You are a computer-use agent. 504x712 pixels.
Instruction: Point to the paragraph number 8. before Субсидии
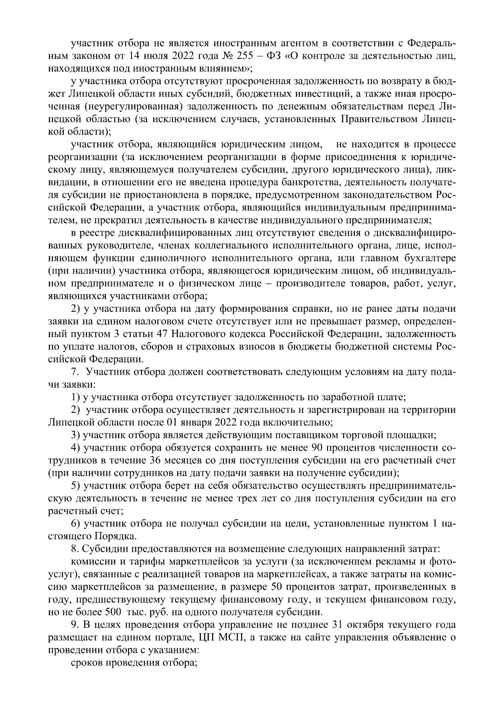[x=74, y=549]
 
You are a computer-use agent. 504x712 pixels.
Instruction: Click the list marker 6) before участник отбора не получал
[x=76, y=524]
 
